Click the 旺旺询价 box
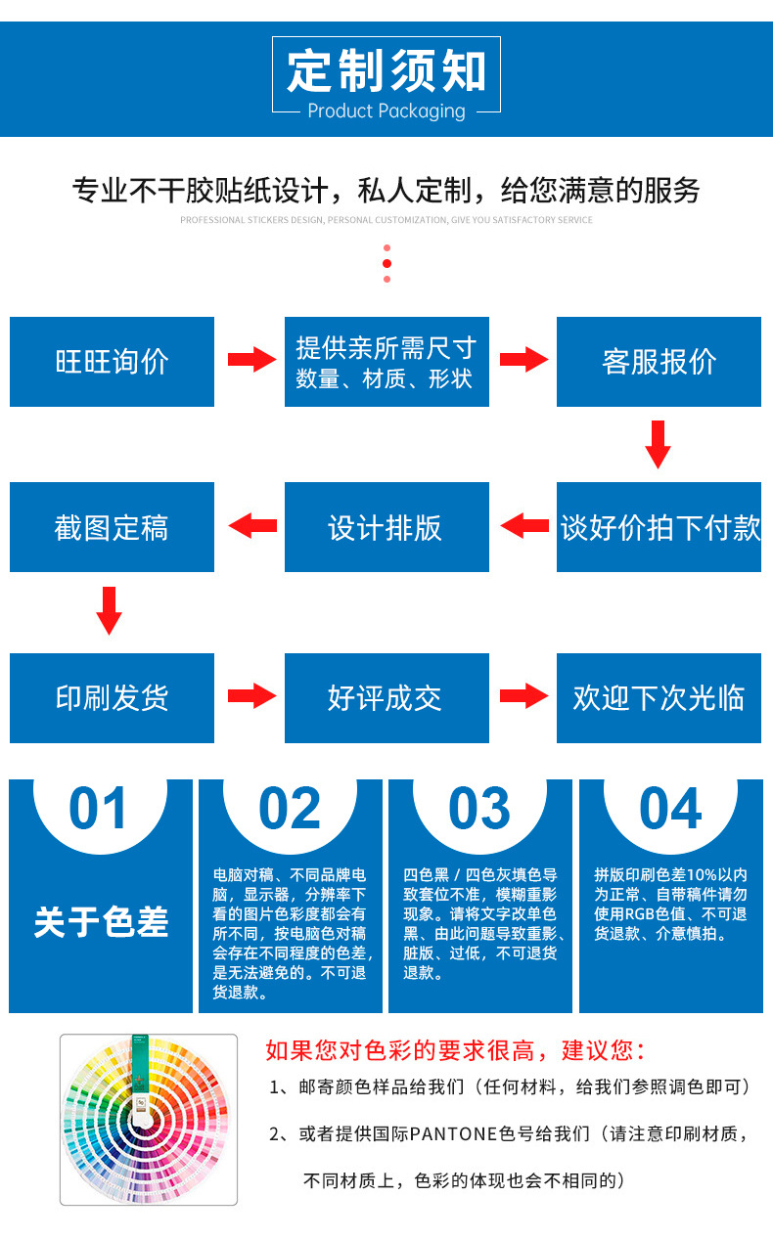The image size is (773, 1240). pos(112,362)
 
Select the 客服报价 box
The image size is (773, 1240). pos(659,362)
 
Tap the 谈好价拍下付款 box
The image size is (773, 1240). pos(659,527)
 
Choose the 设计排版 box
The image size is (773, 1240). pos(386,527)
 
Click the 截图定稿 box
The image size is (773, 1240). pos(112,527)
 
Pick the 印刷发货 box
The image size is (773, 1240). pos(112,697)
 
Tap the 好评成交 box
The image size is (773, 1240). pos(386,697)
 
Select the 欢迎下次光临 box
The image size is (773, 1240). pos(659,697)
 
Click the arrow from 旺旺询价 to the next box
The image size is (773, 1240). pos(251,360)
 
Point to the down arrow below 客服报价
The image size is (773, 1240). pos(659,444)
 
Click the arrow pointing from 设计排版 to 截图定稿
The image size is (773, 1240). pos(252,526)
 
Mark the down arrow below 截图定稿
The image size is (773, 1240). pos(110,610)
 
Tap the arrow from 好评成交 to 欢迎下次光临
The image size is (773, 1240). pos(523,696)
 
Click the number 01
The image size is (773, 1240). pos(99,809)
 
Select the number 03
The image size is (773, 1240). pos(479,809)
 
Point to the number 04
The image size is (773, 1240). pos(670,809)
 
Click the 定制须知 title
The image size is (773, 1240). pos(386,70)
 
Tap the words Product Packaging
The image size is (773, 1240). pos(386,111)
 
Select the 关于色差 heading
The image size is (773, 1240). pos(101,921)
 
